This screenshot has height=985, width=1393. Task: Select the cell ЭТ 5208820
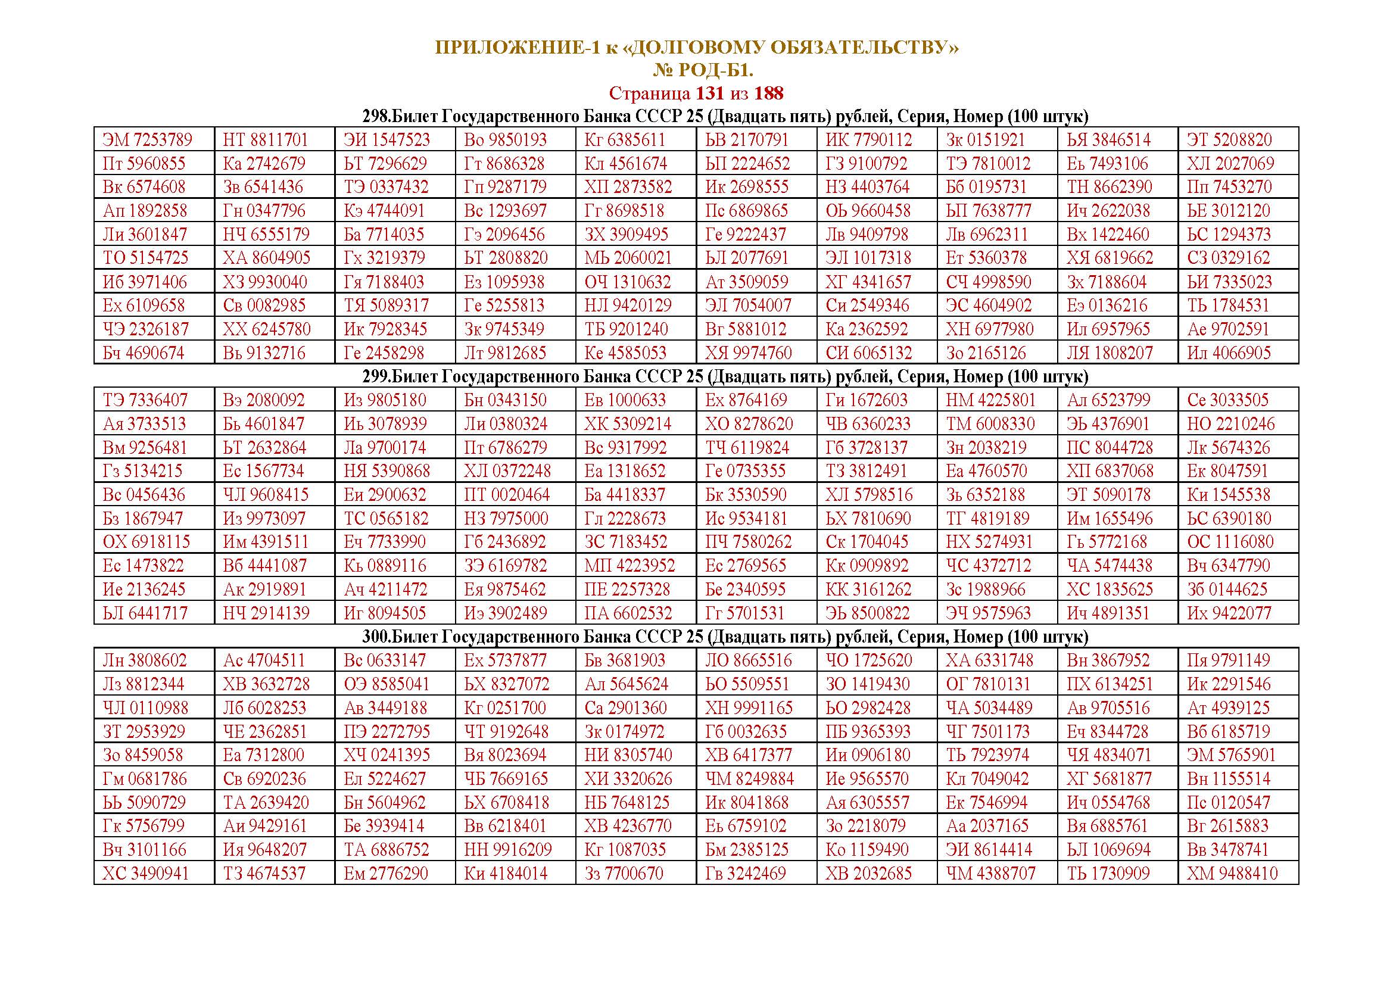(1229, 140)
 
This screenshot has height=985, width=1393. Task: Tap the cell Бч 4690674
(143, 353)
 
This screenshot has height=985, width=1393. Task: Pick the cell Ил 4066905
(1229, 353)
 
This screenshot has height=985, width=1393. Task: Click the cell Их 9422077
(1229, 613)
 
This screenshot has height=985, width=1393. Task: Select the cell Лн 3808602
(145, 660)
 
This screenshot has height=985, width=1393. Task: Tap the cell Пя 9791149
(1228, 660)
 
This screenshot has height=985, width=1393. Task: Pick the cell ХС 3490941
(145, 874)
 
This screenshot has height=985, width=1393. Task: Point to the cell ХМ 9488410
(1232, 874)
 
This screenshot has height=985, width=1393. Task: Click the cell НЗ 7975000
(506, 519)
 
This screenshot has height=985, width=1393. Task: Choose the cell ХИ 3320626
(628, 779)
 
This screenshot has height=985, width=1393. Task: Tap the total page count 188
(769, 93)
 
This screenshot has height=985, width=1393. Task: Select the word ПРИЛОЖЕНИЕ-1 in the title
(518, 47)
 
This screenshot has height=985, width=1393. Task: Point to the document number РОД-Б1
(715, 71)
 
